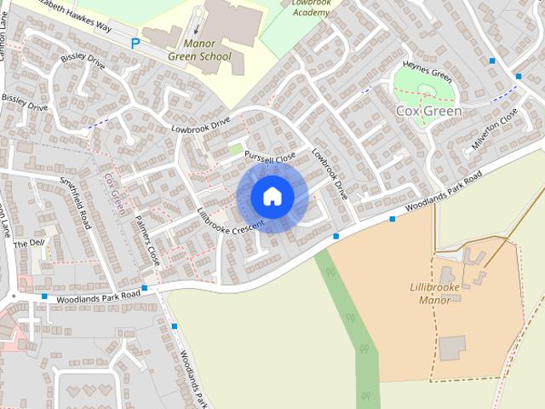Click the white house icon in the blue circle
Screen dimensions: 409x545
click(x=272, y=196)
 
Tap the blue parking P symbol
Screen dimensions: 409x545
click(x=135, y=43)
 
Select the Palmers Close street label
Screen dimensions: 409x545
click(x=146, y=239)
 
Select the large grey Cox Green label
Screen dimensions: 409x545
click(x=428, y=111)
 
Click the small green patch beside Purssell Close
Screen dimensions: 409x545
click(x=236, y=150)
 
